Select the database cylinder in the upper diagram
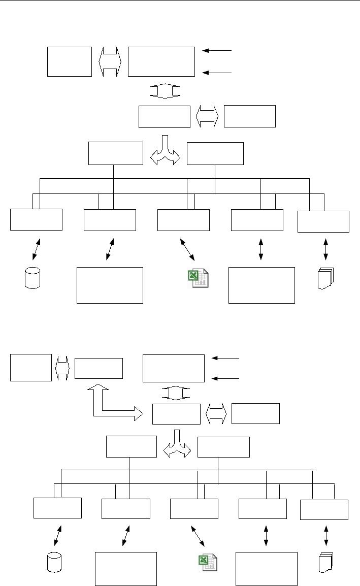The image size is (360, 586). (x=32, y=278)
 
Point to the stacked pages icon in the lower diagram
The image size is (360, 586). (x=325, y=564)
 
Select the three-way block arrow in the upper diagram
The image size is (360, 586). (x=165, y=151)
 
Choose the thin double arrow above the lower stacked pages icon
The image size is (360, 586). (x=325, y=536)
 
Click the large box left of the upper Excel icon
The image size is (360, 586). (x=110, y=285)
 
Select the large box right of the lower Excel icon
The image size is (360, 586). (x=267, y=569)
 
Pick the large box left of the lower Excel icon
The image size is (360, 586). (x=126, y=569)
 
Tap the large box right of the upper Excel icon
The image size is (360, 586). (x=261, y=285)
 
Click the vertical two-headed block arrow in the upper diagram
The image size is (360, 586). (x=165, y=91)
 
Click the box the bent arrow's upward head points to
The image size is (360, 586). (x=99, y=368)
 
